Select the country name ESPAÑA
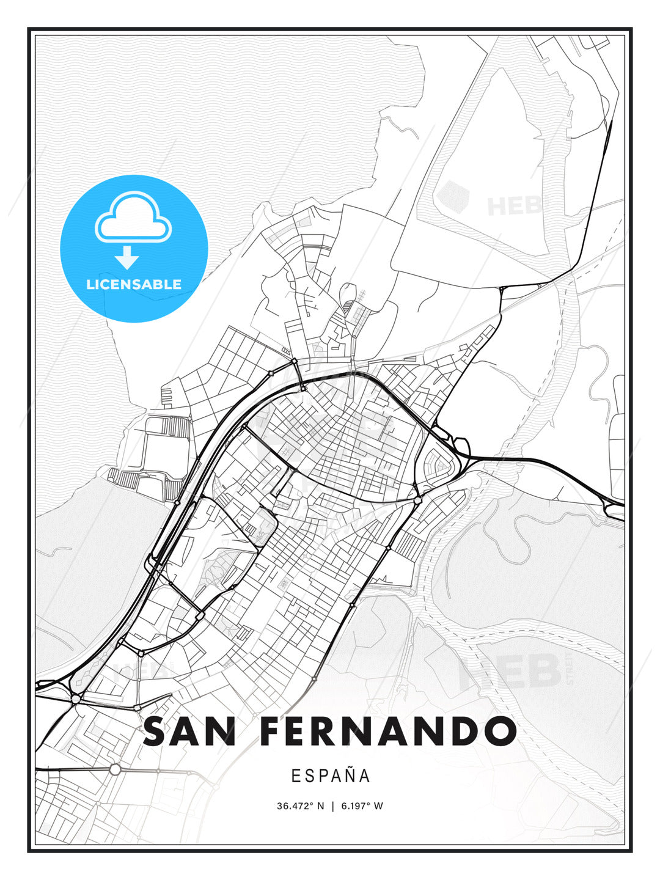331,776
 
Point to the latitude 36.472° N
301,806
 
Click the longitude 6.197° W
361,806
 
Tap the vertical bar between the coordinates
332,806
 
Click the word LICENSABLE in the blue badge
134,284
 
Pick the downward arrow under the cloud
127,258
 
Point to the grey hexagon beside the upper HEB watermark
452,196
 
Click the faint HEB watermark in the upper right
513,205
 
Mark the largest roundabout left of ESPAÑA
115,769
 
